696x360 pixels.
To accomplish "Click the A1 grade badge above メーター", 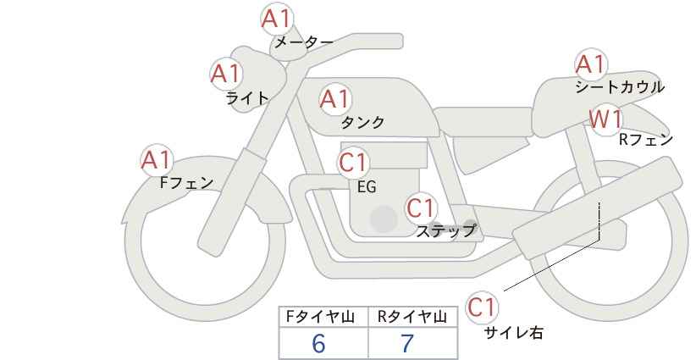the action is (x=276, y=19).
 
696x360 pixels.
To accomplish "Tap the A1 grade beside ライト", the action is (x=226, y=74).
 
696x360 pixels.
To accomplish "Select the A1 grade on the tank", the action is (x=335, y=99).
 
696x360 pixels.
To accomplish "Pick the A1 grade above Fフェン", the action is (x=157, y=160).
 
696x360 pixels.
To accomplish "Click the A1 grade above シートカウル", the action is (x=591, y=64).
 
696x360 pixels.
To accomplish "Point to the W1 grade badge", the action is (x=606, y=119).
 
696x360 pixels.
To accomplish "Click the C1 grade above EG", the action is (x=353, y=163).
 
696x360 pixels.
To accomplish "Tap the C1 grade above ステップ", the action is (x=422, y=208).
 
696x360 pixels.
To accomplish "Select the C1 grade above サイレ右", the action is (x=482, y=307).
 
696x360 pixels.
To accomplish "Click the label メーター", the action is (x=304, y=42).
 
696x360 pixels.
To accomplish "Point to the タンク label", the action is (x=362, y=122).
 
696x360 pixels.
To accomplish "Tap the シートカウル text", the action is (x=620, y=87).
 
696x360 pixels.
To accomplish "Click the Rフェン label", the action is (x=646, y=140).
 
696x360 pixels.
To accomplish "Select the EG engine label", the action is (x=367, y=187).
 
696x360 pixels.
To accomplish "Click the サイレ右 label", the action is (x=513, y=333).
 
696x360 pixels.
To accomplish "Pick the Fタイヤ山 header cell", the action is (x=323, y=317).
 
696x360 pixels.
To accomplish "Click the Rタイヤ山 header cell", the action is (x=413, y=317).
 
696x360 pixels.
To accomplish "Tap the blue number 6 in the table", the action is (x=318, y=343).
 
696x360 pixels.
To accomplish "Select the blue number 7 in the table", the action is (x=407, y=343).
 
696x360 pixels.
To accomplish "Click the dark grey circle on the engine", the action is (x=384, y=219).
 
